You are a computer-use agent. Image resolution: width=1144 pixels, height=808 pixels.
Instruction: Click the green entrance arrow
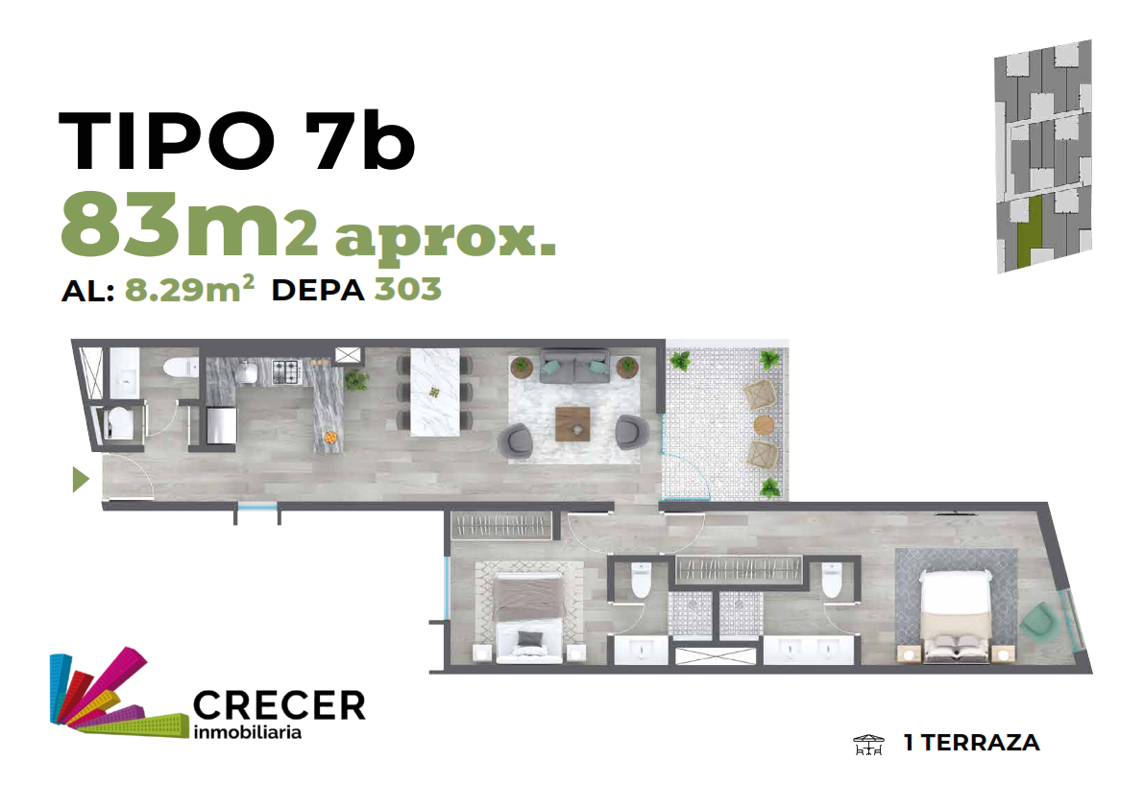81,479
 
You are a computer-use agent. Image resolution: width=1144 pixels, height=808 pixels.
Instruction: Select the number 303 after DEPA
408,289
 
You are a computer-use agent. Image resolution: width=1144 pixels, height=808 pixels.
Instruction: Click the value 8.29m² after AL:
189,289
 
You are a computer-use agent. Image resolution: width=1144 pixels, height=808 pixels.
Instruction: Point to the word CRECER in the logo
280,705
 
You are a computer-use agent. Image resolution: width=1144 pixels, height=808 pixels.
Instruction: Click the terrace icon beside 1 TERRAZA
868,745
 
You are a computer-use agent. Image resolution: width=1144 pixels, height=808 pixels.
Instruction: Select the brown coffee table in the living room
572,424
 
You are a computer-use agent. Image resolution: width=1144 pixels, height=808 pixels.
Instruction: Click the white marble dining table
435,392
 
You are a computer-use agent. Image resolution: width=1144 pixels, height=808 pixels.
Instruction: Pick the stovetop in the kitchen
286,371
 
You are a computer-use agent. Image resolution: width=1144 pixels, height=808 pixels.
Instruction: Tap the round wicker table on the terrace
764,425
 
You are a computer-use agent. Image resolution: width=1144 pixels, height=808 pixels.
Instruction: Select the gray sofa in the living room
574,367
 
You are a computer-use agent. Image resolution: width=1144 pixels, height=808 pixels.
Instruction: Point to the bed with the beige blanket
955,616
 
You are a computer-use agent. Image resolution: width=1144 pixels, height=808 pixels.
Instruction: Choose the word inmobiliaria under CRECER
247,732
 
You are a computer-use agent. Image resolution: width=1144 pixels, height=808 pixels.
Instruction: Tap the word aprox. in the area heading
445,238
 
